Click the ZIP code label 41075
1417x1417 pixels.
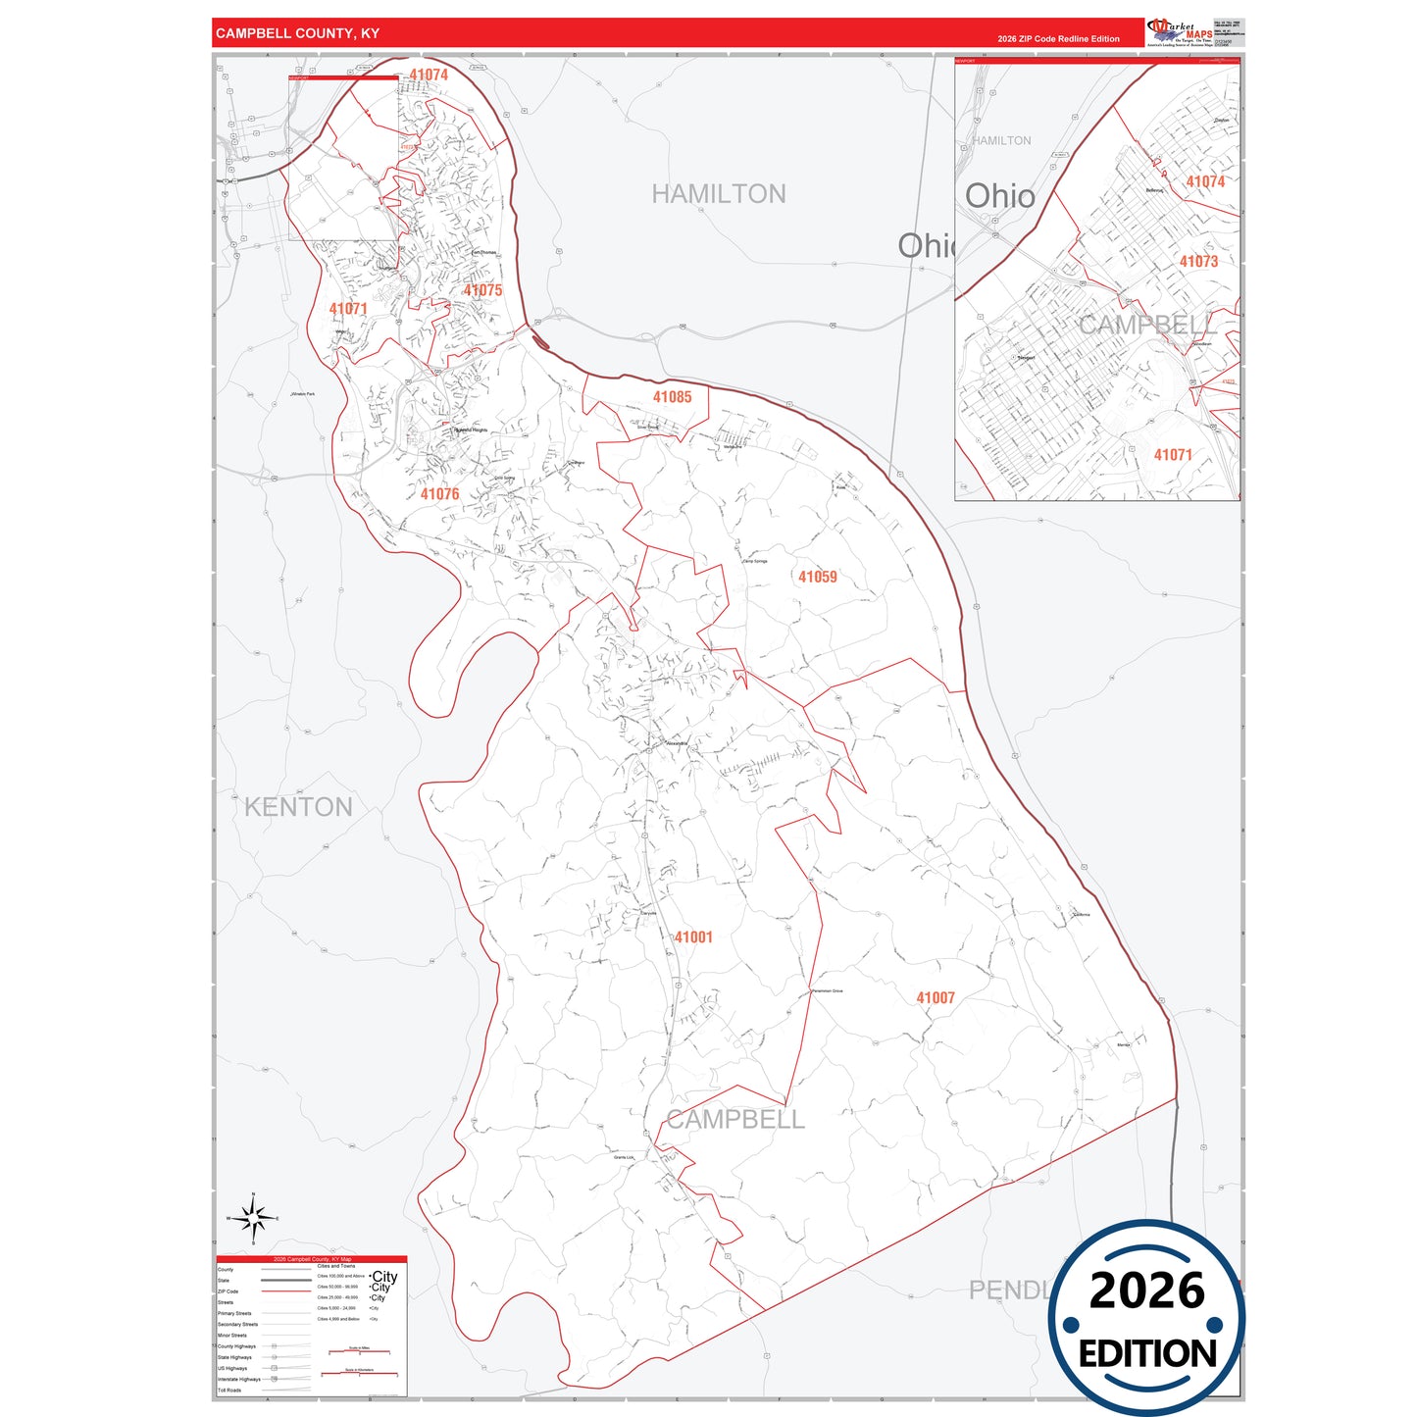[x=482, y=290]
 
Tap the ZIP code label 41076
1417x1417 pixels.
[x=439, y=494]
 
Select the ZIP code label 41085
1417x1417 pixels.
[x=672, y=397]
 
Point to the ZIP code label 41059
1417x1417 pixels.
[x=817, y=577]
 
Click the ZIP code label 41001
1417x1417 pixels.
[x=693, y=937]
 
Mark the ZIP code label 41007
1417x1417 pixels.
[x=935, y=998]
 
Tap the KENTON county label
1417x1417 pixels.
[x=298, y=807]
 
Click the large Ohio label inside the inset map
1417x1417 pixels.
[x=999, y=196]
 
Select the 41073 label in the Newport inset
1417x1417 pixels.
[x=1198, y=262]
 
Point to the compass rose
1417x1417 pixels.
[x=253, y=1219]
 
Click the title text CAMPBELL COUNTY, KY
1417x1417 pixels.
[x=297, y=33]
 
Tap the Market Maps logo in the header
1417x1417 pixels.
[x=1179, y=31]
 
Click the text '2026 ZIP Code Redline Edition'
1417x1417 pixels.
[x=1058, y=39]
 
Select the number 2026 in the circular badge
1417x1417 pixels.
[x=1146, y=1290]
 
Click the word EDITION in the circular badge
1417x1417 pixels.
[x=1147, y=1354]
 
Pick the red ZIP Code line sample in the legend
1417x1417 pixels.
[x=285, y=1291]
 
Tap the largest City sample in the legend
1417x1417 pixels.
[x=384, y=1277]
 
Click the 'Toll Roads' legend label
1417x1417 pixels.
[x=229, y=1390]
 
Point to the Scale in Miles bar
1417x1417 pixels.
[x=359, y=1351]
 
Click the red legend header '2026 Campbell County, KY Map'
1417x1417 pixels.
[x=311, y=1259]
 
